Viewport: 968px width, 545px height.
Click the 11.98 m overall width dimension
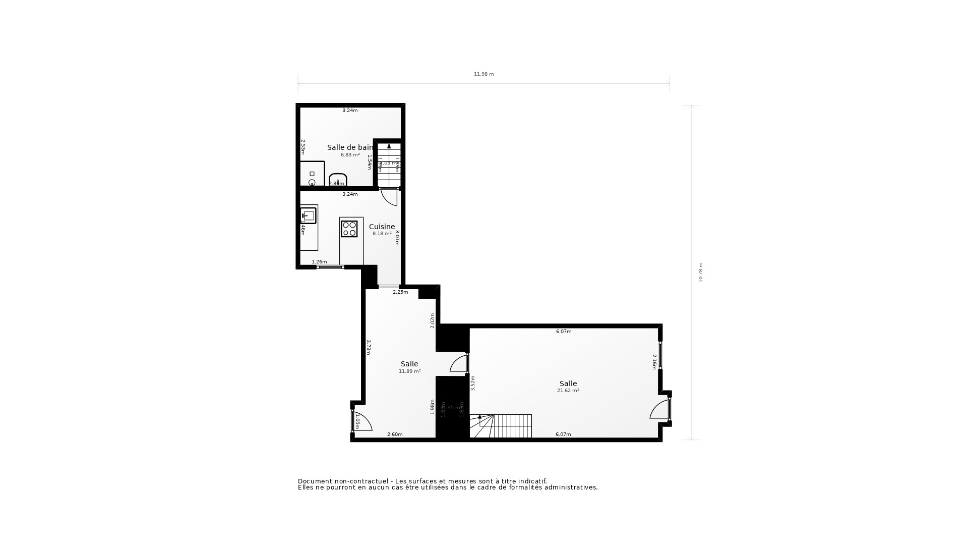(483, 74)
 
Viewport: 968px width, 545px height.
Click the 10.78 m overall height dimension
(700, 272)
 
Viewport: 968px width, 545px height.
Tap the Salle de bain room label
(350, 147)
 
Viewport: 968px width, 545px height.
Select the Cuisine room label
(382, 227)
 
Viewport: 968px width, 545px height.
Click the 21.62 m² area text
(568, 391)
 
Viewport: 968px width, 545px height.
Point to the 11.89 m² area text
(409, 371)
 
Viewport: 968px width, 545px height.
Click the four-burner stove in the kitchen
(349, 229)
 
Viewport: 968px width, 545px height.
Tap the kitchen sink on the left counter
(308, 215)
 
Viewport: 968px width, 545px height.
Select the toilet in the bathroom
(337, 180)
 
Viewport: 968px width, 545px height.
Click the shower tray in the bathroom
(312, 174)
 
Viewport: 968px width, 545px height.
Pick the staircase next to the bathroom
(389, 165)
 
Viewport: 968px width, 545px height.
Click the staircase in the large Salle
(502, 426)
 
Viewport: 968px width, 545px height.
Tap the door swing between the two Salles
(459, 364)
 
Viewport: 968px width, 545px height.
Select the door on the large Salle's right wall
(660, 409)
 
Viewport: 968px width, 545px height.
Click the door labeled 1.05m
(361, 422)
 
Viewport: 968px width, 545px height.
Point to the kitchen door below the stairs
(389, 197)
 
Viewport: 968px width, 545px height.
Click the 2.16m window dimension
(654, 361)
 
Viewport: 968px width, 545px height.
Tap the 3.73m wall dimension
(369, 347)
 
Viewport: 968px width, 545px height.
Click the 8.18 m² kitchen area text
(382, 234)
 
